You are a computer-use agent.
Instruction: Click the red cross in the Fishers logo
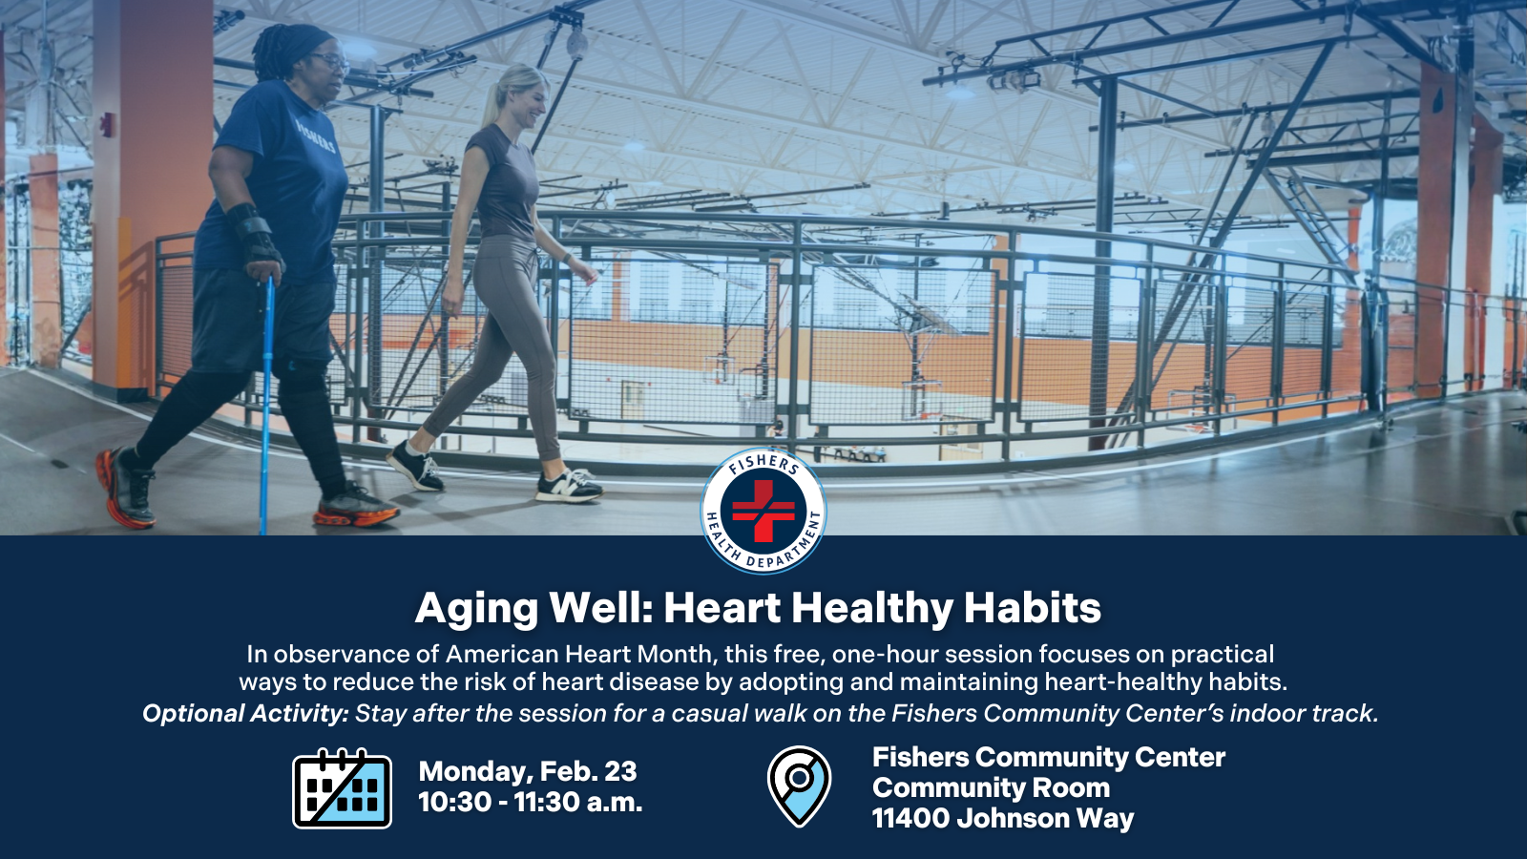pos(763,511)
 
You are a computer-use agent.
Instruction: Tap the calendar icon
pos(342,788)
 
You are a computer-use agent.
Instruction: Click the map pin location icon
pos(799,786)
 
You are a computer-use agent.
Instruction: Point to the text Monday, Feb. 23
pos(527,771)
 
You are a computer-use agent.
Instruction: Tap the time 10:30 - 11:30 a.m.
pos(530,803)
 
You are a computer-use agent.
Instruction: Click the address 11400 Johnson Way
pos(1002,819)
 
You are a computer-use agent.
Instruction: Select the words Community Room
pos(991,788)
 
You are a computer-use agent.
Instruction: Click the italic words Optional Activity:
pos(245,714)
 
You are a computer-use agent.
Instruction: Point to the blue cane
pos(267,401)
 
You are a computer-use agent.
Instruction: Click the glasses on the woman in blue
pos(330,60)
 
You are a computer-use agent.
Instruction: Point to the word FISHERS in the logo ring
pos(763,463)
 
